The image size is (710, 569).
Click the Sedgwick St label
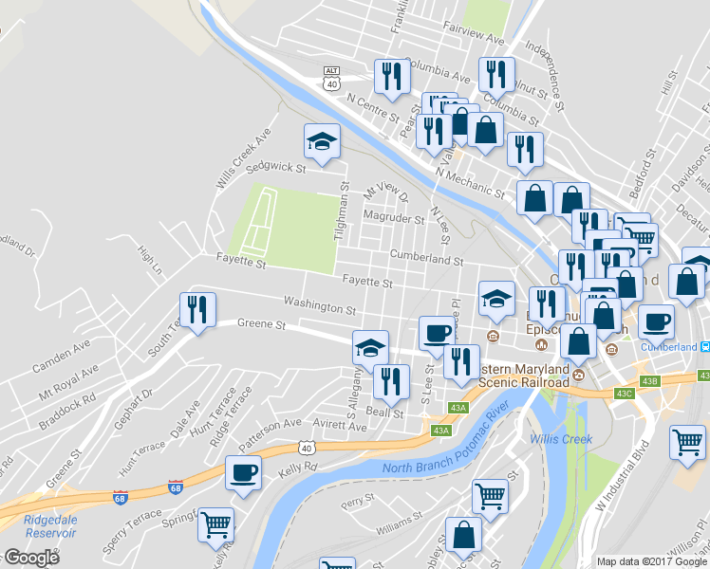click(274, 169)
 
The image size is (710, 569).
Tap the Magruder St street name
click(394, 218)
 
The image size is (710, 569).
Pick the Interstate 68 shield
click(176, 486)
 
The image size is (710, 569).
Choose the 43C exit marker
click(623, 393)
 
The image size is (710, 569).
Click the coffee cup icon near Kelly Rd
click(243, 472)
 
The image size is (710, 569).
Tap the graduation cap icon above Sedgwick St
click(322, 141)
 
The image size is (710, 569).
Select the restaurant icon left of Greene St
click(197, 310)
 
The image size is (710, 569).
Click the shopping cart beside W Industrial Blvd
click(687, 442)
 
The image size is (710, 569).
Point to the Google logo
click(32, 558)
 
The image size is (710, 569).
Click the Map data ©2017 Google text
click(652, 561)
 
